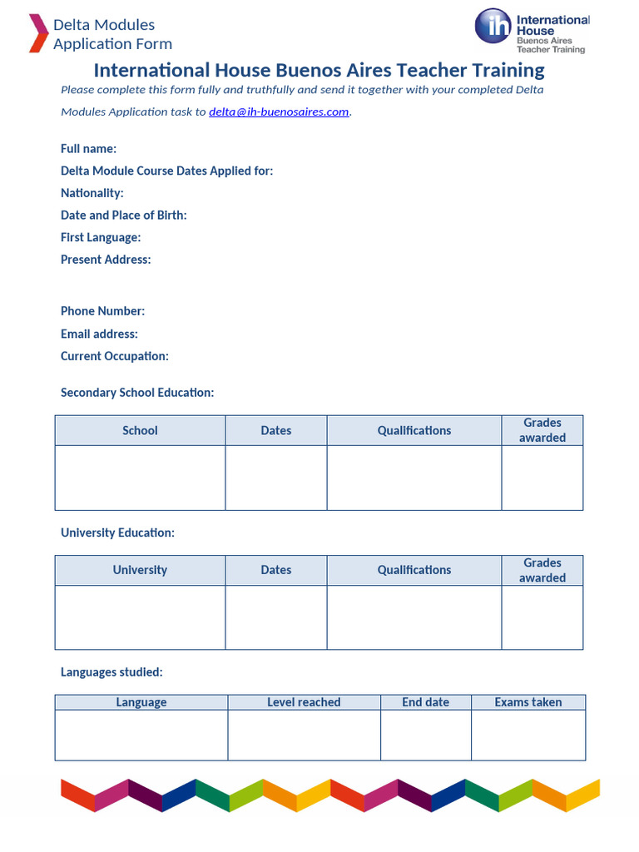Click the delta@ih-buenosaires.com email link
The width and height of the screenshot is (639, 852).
(x=279, y=111)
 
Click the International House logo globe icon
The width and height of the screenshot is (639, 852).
(x=493, y=26)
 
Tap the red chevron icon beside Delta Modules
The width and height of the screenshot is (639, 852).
(x=38, y=33)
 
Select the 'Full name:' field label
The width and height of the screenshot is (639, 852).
(x=88, y=148)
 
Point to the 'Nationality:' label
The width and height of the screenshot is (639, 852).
(x=92, y=193)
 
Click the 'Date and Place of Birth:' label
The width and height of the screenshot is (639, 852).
(x=123, y=215)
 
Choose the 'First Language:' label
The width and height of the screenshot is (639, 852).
(x=101, y=237)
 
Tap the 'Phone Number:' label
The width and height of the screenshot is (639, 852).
(x=102, y=311)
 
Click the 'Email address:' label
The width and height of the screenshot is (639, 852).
(x=99, y=334)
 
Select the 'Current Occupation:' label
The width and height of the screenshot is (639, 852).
(x=114, y=356)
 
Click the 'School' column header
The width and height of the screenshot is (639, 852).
(x=140, y=430)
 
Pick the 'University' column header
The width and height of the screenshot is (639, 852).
(x=140, y=570)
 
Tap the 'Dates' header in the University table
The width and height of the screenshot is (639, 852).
(x=275, y=570)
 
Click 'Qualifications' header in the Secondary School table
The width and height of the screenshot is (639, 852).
(x=414, y=430)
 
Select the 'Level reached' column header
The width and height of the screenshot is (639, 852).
(x=304, y=702)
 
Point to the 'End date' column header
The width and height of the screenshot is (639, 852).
(x=425, y=702)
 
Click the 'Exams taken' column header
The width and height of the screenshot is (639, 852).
(x=528, y=702)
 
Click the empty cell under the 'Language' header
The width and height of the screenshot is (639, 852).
(x=141, y=735)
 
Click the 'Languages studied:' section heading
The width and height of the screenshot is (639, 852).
(x=111, y=671)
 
